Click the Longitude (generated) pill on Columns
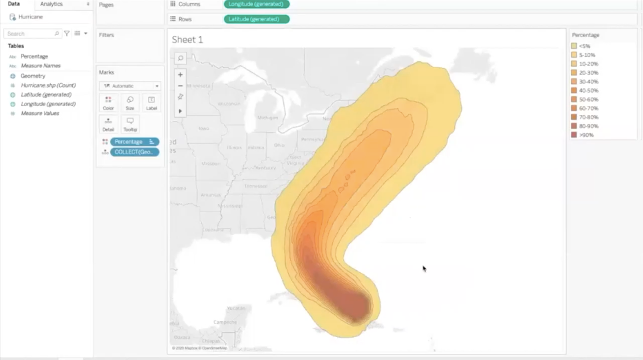[256, 4]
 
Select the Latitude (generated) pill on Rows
[256, 19]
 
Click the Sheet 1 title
[187, 40]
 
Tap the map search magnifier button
[180, 58]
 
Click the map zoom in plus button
[180, 75]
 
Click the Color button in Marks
[108, 103]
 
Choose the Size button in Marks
[130, 103]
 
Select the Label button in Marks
[151, 103]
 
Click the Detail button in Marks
[108, 125]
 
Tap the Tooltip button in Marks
[130, 125]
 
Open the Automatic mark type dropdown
[130, 86]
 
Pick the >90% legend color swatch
[574, 135]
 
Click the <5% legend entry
[584, 46]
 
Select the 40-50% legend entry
[588, 90]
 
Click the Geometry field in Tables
[33, 76]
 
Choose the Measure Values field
[40, 113]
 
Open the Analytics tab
[51, 4]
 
